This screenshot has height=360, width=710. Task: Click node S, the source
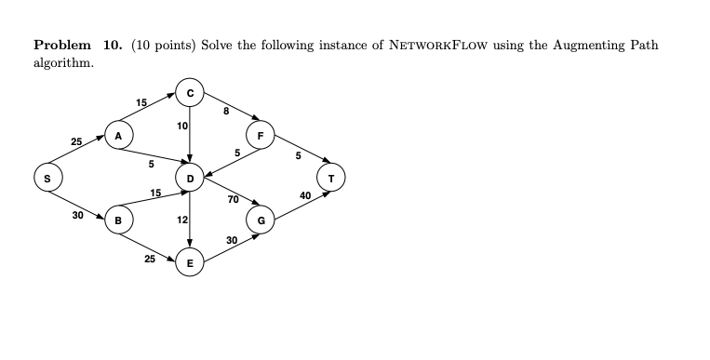tap(43, 176)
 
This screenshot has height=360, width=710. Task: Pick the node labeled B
tap(119, 220)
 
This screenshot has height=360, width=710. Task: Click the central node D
tap(190, 177)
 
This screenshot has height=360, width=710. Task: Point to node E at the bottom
tap(190, 263)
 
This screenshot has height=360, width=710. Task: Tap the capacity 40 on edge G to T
tap(304, 195)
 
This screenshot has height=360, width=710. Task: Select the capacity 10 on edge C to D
tap(181, 126)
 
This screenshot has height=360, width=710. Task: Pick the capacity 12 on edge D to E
tap(181, 220)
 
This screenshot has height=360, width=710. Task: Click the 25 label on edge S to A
tap(75, 141)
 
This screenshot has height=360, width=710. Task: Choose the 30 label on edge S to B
tap(77, 215)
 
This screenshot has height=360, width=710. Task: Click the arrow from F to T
tap(296, 155)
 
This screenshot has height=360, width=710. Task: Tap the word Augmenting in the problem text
tap(565, 46)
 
